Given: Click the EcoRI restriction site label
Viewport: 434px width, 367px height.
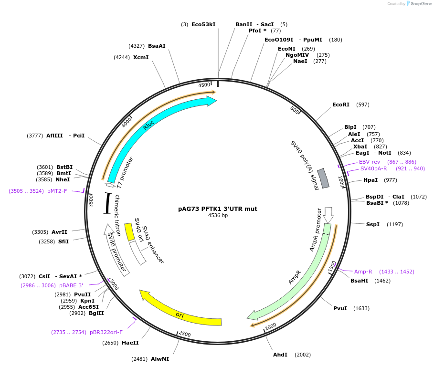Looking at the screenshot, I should (340, 105).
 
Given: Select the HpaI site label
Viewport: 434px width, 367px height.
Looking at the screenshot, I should (370, 180).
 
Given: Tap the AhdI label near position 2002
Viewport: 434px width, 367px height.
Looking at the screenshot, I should (280, 355).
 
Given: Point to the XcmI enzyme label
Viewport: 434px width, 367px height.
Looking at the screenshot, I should (141, 57).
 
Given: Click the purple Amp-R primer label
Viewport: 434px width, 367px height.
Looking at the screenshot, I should (363, 272).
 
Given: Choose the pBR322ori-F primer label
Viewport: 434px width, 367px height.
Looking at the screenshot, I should (106, 332).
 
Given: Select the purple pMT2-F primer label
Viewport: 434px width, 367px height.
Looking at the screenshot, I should (57, 191).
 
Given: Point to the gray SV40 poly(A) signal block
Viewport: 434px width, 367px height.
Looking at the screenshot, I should (323, 178).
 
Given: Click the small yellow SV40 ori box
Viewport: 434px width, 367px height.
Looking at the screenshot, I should (129, 232).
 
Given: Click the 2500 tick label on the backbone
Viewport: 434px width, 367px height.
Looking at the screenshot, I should (185, 334).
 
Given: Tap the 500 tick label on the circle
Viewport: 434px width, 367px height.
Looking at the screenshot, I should (295, 111).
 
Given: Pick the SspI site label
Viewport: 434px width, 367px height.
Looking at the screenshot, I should (372, 224).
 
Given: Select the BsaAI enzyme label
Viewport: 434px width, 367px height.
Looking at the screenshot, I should (157, 46).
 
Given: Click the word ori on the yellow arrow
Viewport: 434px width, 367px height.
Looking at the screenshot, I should (180, 315).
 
